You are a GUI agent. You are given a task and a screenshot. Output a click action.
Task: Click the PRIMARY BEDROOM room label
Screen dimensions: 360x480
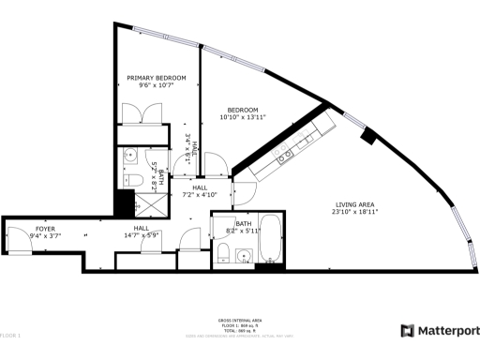[157, 78]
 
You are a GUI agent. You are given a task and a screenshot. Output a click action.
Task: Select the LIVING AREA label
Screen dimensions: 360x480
[355, 205]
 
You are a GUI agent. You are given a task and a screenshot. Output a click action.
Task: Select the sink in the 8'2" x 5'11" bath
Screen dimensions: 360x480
[246, 254]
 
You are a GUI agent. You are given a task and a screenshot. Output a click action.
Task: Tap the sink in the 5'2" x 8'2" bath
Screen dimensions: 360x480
[132, 155]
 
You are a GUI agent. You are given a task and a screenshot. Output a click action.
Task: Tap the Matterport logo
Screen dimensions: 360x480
[440, 330]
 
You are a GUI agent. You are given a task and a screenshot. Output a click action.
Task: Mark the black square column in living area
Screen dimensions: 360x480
[368, 136]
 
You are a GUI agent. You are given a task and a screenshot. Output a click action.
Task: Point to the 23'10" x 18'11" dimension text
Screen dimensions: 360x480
[355, 212]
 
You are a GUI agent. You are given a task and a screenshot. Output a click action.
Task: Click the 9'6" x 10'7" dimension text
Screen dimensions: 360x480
[157, 85]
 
